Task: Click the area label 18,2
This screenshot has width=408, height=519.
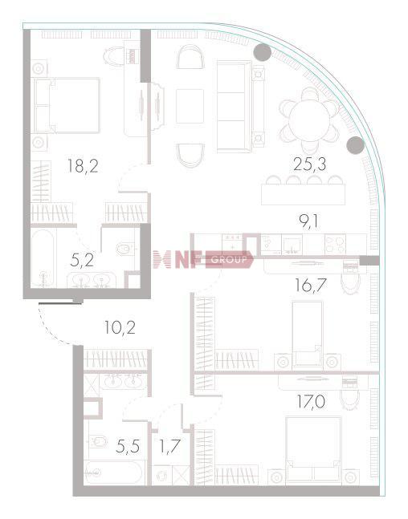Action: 83,166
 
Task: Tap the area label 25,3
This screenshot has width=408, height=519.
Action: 309,164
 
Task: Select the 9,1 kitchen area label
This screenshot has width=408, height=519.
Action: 308,221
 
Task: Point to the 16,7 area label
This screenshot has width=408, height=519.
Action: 311,286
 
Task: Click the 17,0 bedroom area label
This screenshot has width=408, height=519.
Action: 311,403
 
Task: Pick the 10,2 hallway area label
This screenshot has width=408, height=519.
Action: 120,328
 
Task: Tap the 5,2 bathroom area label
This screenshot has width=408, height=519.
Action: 82,261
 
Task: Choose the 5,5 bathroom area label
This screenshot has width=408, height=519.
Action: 128,446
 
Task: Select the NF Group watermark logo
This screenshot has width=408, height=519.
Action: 203,260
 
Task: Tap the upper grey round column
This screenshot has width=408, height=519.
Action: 262,52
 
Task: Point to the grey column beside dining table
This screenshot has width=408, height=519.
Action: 355,145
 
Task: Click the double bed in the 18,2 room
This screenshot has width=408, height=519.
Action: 67,106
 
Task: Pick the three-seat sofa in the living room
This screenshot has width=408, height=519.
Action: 235,107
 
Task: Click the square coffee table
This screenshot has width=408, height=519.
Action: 190,106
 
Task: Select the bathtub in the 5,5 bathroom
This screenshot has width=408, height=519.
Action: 114,473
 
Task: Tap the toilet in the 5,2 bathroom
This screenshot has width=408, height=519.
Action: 124,249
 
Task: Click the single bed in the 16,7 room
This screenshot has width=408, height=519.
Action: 308,335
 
